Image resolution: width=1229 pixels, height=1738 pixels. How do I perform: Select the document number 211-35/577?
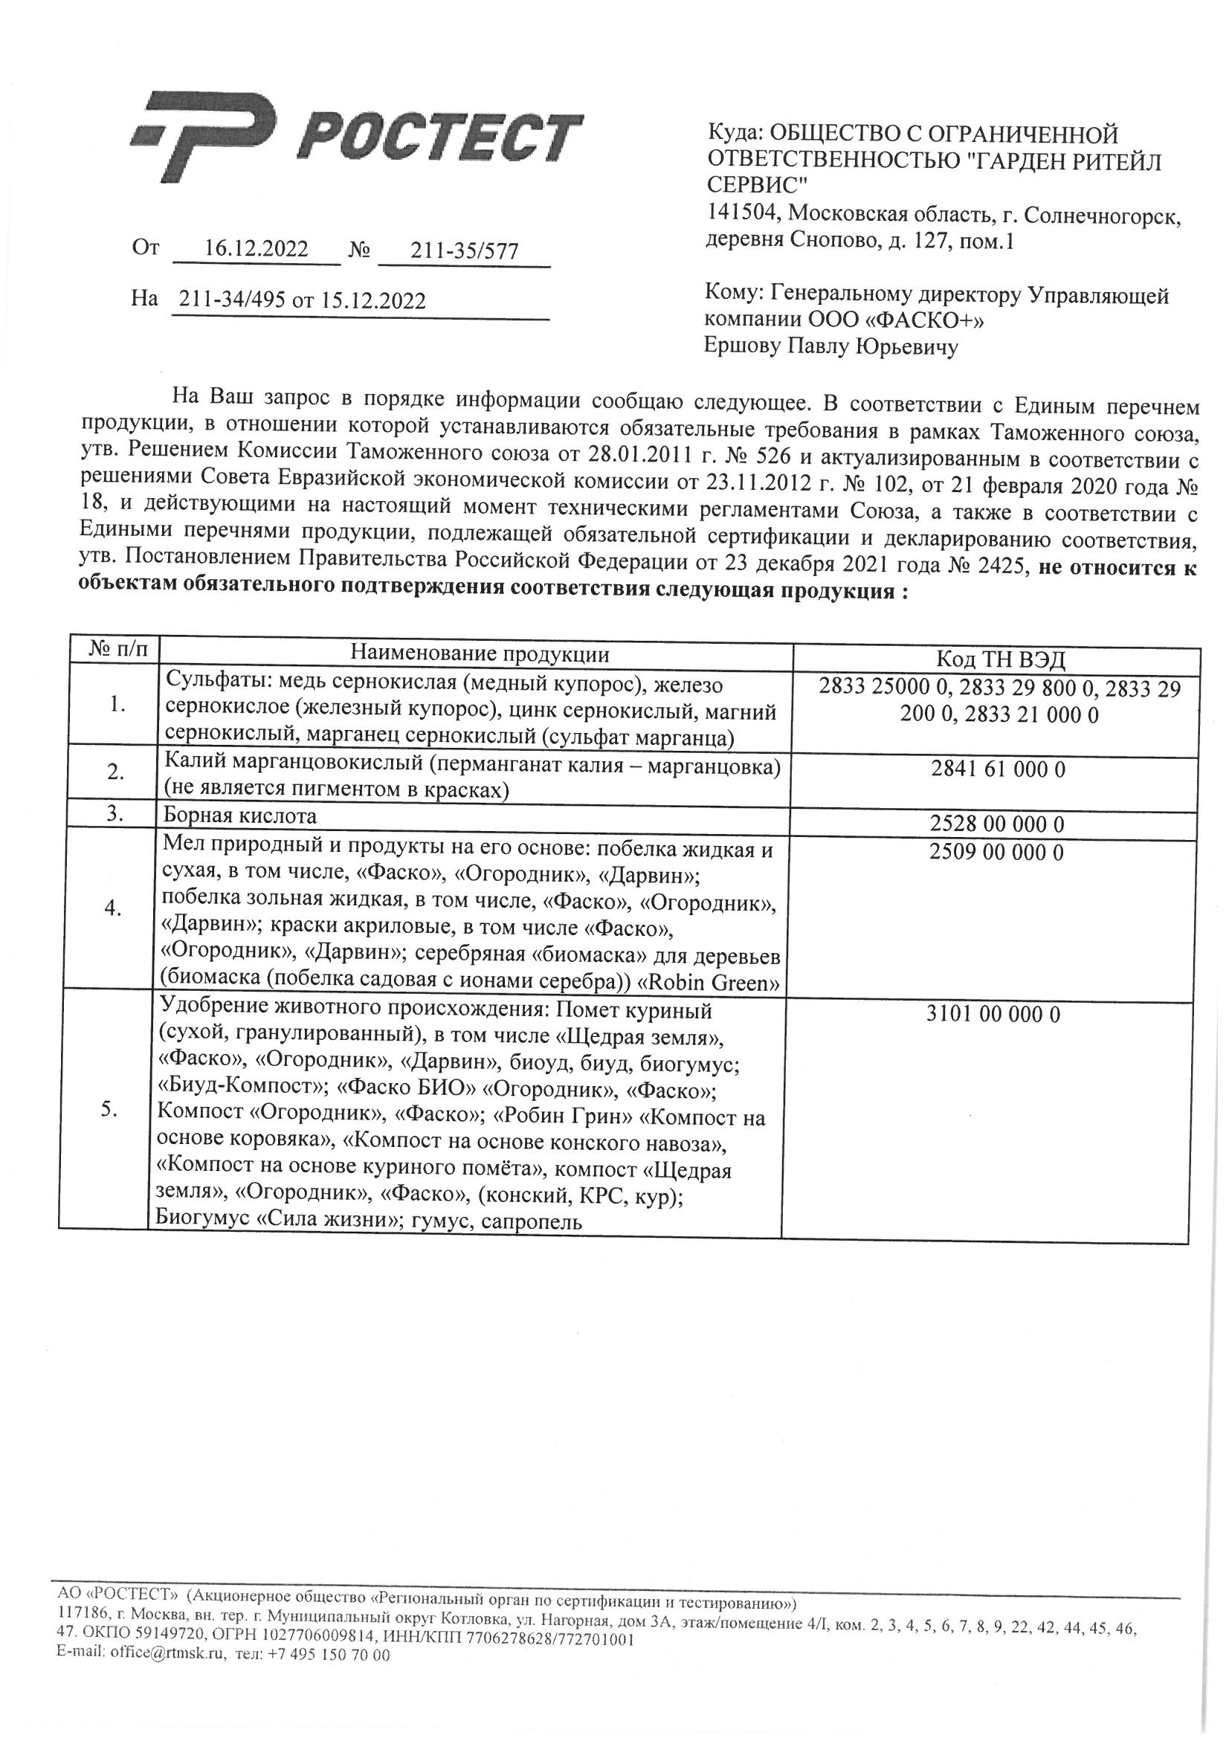pyautogui.click(x=464, y=251)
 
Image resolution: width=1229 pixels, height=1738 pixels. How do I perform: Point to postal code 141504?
pyautogui.click(x=743, y=215)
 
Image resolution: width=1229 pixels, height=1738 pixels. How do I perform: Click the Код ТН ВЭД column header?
pyautogui.click(x=1000, y=659)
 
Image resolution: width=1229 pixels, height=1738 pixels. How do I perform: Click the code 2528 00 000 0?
pyautogui.click(x=998, y=824)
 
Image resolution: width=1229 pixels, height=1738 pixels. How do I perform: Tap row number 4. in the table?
pyautogui.click(x=114, y=909)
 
